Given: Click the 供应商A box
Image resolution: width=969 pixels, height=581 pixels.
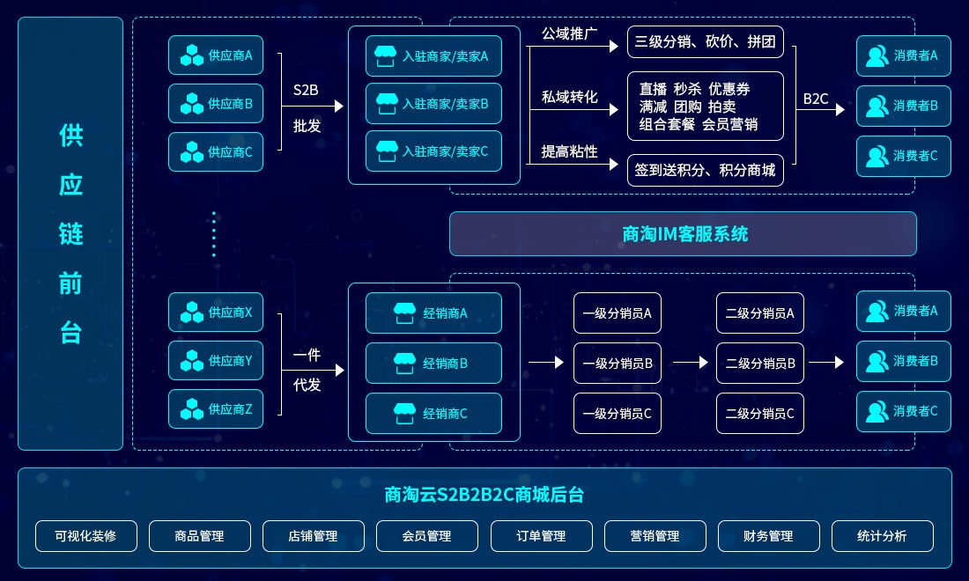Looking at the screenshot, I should pos(216,55).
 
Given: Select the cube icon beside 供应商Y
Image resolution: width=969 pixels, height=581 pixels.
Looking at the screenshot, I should pos(191,360).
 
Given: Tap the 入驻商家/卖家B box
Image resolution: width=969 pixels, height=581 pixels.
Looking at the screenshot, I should pos(433,103).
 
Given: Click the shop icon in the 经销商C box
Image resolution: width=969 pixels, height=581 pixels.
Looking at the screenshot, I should pos(404,413).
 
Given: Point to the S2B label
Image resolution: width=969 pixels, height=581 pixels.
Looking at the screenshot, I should pos(306,90).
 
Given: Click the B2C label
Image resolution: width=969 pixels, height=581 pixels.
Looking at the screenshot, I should pos(816,99).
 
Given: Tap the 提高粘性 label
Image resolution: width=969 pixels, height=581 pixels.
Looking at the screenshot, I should pos(569,151).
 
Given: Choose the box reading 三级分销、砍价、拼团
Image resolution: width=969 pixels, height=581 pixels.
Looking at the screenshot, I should pos(705,41).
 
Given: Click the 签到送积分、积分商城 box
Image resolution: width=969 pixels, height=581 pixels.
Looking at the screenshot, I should pos(705,170).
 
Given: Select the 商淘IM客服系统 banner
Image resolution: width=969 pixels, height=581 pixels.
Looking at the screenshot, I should pos(683,233).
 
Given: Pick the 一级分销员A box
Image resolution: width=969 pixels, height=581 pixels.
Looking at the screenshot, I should pos(618,313).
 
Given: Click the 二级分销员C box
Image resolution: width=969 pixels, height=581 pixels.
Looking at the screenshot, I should pos(760,413).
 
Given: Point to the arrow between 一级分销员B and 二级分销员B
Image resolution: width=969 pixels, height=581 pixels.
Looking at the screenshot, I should pos(690,362).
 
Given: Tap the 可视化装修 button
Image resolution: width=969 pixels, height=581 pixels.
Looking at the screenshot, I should pos(85,536).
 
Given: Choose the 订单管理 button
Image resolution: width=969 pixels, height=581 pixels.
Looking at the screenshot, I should pos(541,536).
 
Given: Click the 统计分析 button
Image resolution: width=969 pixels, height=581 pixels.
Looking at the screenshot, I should pos(882,536).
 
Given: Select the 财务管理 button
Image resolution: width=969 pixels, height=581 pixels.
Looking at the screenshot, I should pos(768,536).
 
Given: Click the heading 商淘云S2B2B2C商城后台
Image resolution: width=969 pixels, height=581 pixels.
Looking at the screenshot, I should pos(484,495).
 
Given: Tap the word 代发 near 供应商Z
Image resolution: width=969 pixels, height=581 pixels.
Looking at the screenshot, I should pos(307,385).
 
